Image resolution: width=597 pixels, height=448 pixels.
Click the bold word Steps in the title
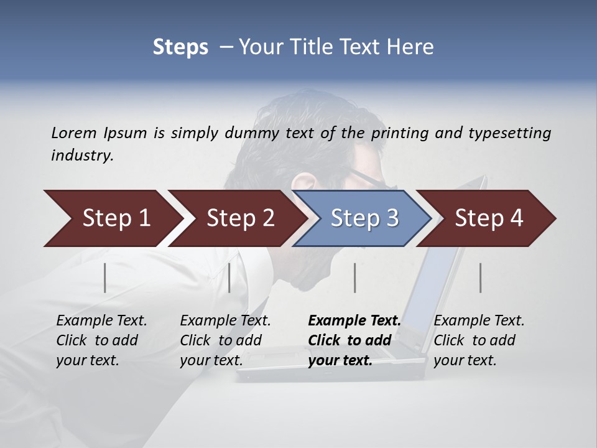(x=180, y=47)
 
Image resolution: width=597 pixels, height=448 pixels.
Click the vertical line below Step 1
(x=105, y=278)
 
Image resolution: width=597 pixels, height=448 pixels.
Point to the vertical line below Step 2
(x=229, y=278)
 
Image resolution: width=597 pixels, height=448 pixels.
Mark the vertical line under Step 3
(x=354, y=278)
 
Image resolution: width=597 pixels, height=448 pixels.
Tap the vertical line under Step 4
(x=481, y=278)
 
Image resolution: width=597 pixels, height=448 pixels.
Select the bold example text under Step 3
(x=354, y=340)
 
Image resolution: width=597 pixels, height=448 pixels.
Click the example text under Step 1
(x=101, y=340)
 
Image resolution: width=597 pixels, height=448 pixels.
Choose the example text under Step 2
(x=225, y=340)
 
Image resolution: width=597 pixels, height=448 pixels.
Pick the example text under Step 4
(x=479, y=340)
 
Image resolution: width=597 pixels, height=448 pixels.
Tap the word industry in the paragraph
(x=82, y=156)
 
